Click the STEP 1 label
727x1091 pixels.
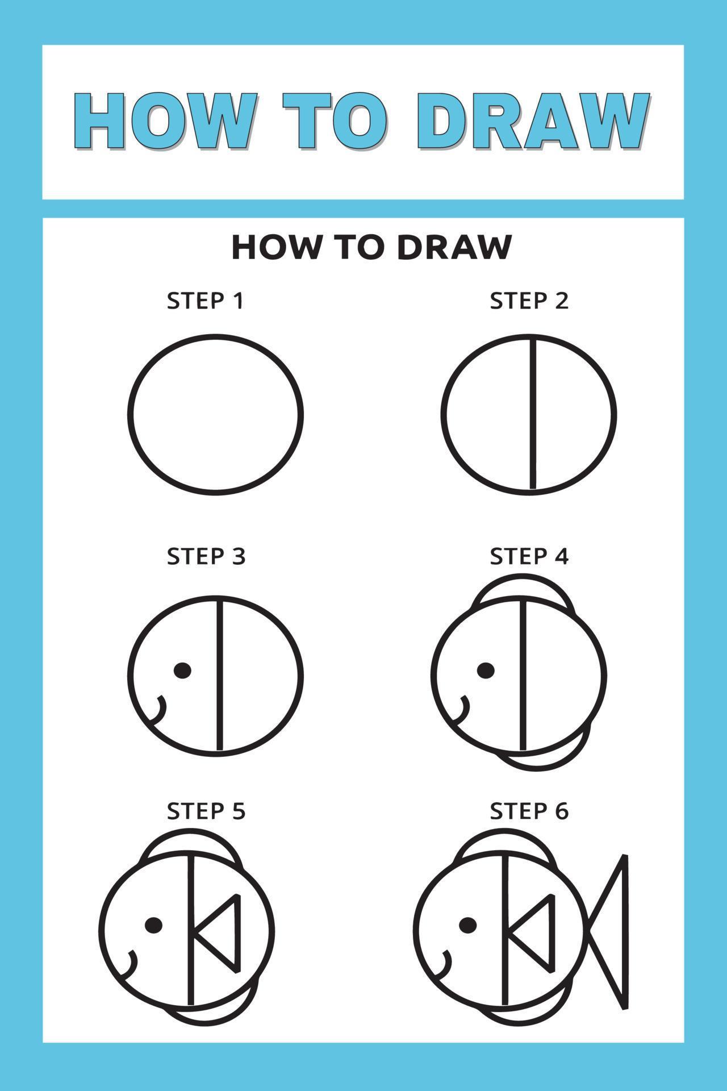(205, 301)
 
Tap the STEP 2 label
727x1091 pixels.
(529, 301)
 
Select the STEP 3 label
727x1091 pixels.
(206, 556)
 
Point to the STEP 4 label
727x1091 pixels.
(529, 556)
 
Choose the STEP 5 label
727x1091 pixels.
(206, 811)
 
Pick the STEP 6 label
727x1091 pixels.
(529, 811)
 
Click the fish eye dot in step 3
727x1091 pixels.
(182, 671)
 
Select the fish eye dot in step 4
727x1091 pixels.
(486, 671)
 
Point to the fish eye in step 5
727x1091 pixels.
(153, 925)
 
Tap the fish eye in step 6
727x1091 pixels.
(467, 925)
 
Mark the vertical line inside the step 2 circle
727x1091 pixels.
(533, 413)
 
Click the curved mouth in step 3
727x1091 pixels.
(160, 710)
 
